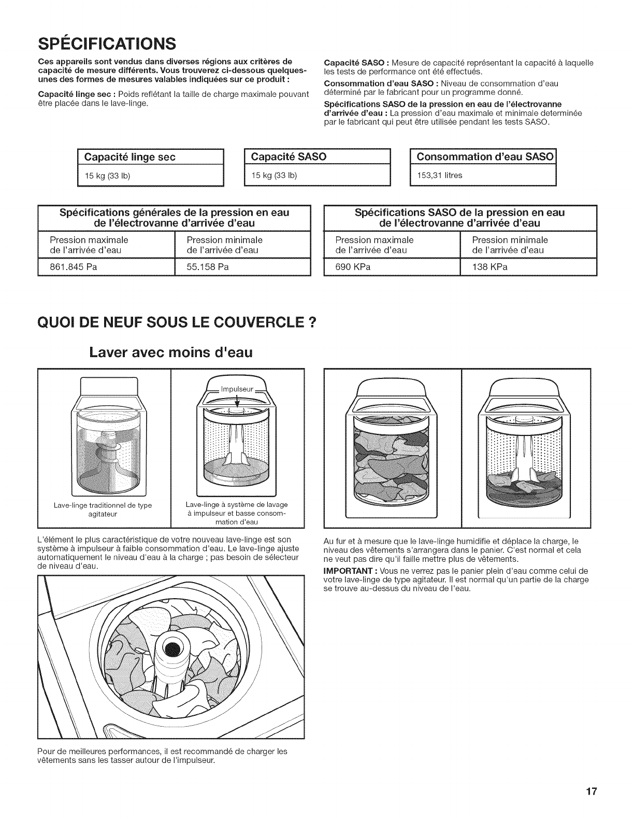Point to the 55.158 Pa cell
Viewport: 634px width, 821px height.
click(208, 267)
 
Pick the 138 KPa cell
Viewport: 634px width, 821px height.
click(489, 267)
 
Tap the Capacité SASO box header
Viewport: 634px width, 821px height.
click(289, 157)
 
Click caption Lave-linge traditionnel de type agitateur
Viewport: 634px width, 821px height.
click(104, 509)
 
